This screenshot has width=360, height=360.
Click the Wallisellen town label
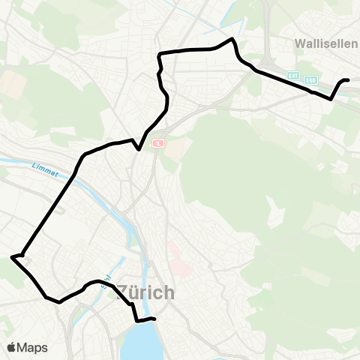[x=327, y=43]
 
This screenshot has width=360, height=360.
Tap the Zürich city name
[x=146, y=292]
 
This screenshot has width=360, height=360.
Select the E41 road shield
[x=293, y=76]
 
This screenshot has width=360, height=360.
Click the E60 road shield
[x=311, y=79]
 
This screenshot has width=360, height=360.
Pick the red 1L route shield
[x=158, y=142]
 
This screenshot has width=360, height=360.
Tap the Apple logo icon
[x=13, y=347]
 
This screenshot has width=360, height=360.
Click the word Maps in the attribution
[x=32, y=347]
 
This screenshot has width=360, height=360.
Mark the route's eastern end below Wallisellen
[x=347, y=79]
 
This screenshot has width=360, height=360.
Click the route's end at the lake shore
[x=154, y=319]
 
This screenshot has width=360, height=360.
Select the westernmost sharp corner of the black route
[x=12, y=257]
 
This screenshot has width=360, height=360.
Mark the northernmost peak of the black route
[x=233, y=38]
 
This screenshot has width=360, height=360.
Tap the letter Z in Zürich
[x=124, y=292]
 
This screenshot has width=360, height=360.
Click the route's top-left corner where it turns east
[x=158, y=53]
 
